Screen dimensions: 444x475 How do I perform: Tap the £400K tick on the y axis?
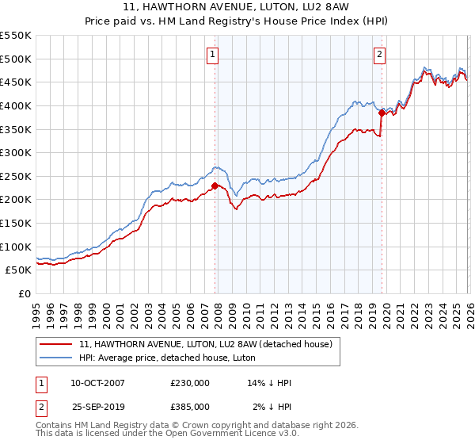[x=16, y=105]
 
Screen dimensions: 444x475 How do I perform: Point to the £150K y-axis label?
[x=16, y=223]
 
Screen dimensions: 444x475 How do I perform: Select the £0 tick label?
[x=25, y=293]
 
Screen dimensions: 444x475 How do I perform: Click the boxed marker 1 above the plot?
[x=214, y=55]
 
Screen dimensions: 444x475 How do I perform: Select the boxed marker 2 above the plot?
[x=380, y=55]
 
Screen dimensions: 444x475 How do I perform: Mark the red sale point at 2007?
[x=215, y=186]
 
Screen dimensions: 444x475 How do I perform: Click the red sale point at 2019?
[x=382, y=113]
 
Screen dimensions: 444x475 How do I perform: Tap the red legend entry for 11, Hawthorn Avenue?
[x=210, y=344]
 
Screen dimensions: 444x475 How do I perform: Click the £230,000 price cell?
[x=190, y=384]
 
